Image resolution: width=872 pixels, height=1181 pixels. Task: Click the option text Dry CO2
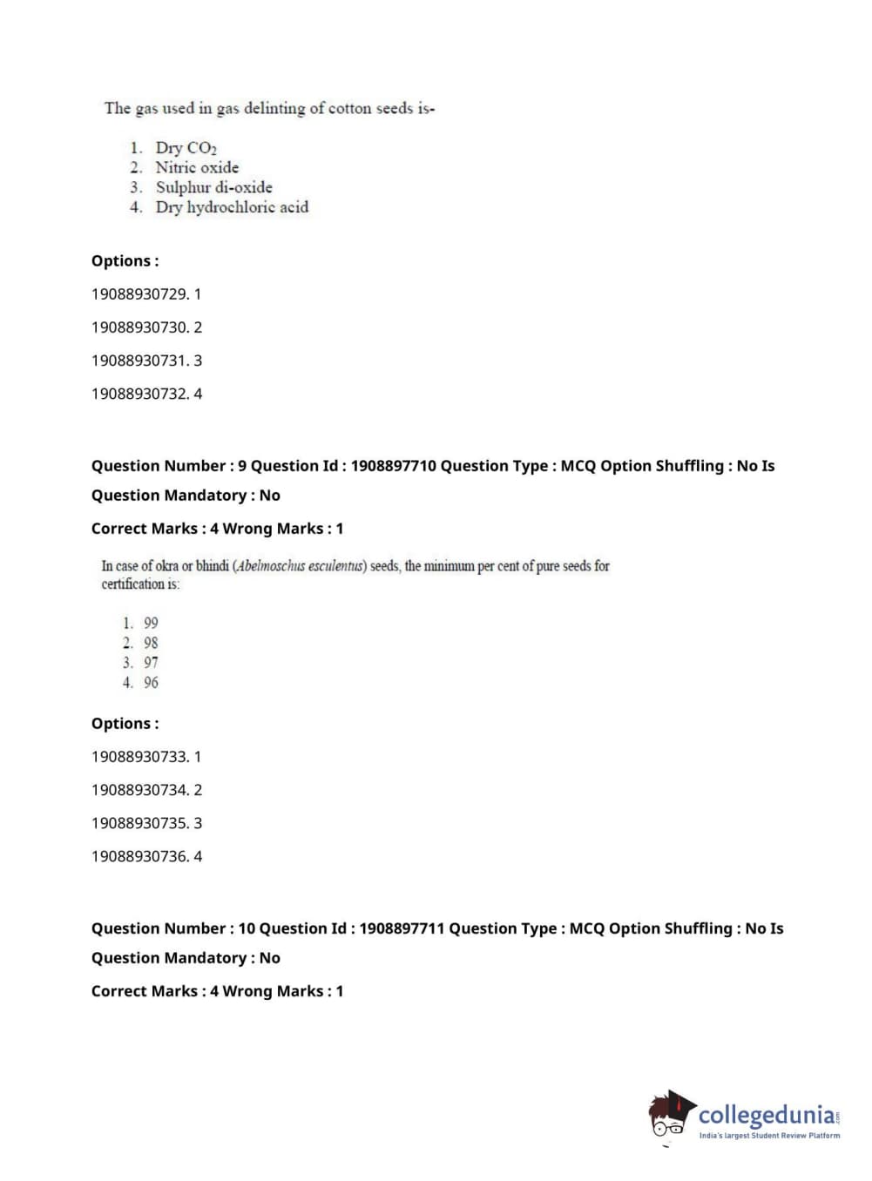tap(186, 147)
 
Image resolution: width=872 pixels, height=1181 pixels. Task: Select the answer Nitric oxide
tap(197, 167)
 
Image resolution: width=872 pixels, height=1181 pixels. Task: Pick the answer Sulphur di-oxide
tap(213, 187)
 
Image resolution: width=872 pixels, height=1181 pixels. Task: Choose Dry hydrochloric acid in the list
tap(232, 207)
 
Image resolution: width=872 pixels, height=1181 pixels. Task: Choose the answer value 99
tap(151, 623)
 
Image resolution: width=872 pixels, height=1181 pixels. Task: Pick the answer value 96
tap(151, 683)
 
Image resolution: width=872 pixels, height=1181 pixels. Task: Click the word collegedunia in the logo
tap(766, 1115)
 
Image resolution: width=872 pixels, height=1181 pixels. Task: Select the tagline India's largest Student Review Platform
tap(769, 1136)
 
